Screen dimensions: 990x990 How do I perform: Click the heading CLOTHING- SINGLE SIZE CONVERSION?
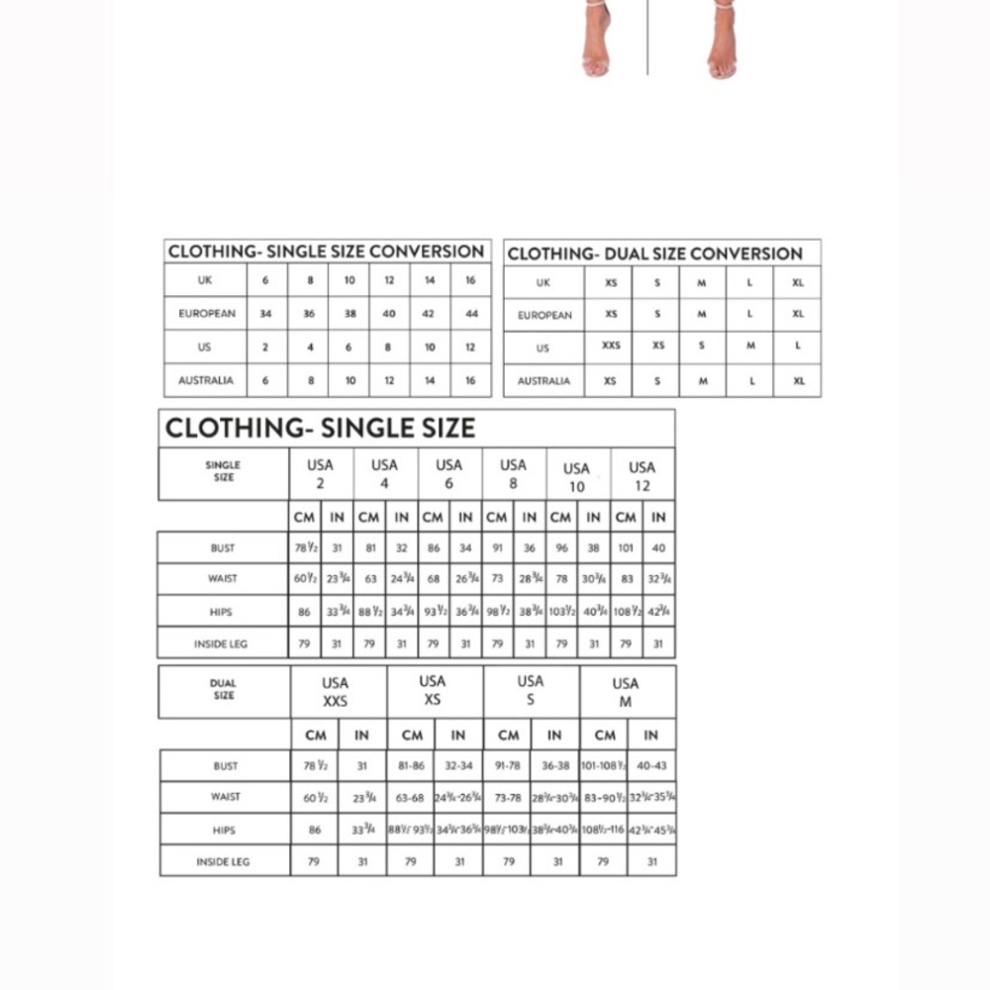point(326,251)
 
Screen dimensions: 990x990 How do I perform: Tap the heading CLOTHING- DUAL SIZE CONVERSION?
point(654,253)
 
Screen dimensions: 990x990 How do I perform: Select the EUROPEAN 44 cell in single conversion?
point(471,314)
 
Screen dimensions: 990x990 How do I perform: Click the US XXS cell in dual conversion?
point(611,346)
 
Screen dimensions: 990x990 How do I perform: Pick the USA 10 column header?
point(576,476)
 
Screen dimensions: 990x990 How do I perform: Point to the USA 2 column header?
point(320,473)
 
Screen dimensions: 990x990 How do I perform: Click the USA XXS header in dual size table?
point(335,691)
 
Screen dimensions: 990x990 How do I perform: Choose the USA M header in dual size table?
point(625,691)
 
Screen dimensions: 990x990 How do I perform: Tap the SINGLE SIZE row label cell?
point(223,471)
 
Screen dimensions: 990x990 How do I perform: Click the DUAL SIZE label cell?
point(224,689)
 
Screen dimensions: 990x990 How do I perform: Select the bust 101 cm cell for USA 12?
point(626,547)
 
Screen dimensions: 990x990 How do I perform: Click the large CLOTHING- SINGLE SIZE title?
point(320,428)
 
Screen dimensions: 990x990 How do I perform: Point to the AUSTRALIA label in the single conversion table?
point(206,380)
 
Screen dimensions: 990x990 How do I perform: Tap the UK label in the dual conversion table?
point(543,283)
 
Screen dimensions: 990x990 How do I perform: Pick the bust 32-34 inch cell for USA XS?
point(458,765)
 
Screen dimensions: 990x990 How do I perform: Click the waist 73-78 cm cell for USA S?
point(508,797)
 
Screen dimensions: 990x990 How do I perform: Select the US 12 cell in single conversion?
point(470,347)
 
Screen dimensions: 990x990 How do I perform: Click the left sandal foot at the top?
point(597,45)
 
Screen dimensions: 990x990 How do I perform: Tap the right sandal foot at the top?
point(723,45)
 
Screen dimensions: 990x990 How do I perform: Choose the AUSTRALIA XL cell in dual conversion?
point(798,380)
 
